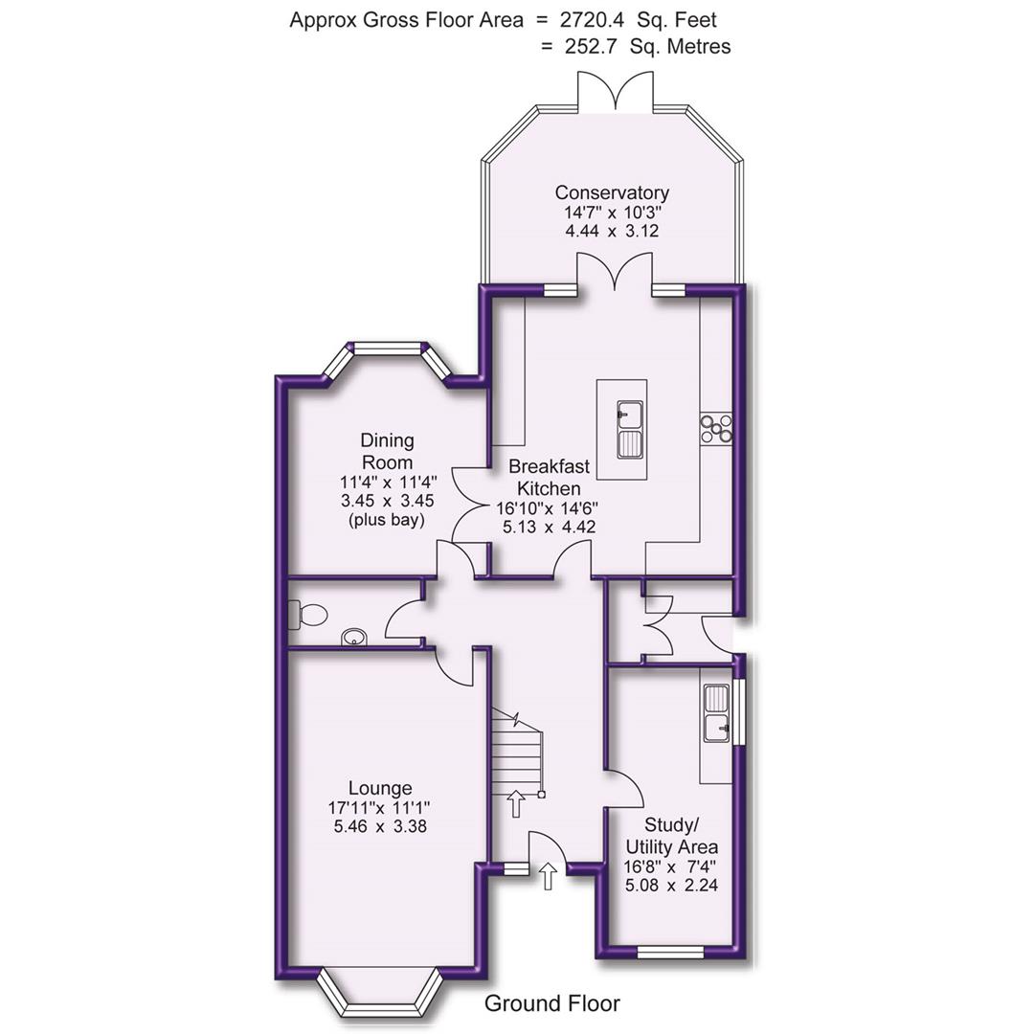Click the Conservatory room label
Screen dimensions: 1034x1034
pos(612,193)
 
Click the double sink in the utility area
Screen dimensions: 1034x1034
pos(717,715)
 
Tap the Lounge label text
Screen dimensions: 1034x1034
pos(380,788)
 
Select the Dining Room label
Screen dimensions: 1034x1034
pos(388,449)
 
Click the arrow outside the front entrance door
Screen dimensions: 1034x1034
pos(548,875)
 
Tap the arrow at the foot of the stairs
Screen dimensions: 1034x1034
pos(515,802)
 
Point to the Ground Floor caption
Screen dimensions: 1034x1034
pos(551,1003)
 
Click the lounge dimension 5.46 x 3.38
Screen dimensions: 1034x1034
pos(380,826)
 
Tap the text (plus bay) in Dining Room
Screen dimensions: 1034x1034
pos(388,520)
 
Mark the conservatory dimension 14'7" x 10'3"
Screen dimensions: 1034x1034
pos(612,213)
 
